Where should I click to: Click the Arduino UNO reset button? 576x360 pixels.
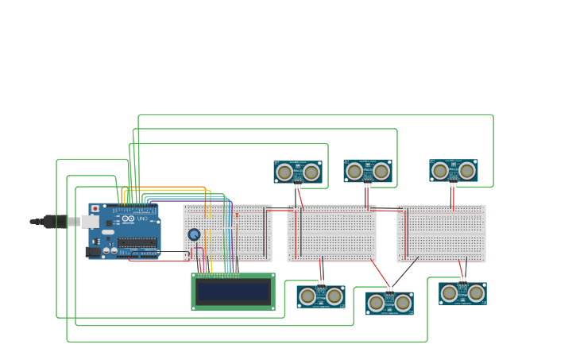coord(95,208)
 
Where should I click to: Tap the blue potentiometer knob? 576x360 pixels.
coord(194,234)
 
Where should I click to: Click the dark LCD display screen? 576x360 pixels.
coord(233,292)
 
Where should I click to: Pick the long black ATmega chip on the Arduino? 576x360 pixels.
coord(137,242)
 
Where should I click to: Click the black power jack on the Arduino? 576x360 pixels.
coord(95,252)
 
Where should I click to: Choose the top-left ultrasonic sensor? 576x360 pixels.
coord(298,172)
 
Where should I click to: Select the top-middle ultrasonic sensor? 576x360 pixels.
coord(367,171)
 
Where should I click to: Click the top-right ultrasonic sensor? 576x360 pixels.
coord(454,171)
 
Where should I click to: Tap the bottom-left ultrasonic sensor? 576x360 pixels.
coord(321,296)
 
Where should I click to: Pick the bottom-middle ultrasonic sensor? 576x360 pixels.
coord(389,303)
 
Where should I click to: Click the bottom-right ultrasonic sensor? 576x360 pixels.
coord(462,293)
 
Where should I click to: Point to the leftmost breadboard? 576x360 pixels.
coord(228,233)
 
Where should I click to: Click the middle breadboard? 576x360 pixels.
coord(331,233)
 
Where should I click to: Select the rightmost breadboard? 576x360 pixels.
coord(441,233)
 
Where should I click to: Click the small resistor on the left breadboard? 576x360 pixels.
coord(237,215)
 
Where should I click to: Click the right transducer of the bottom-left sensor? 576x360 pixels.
coord(334,296)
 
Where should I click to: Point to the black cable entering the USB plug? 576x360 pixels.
coord(37,222)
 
